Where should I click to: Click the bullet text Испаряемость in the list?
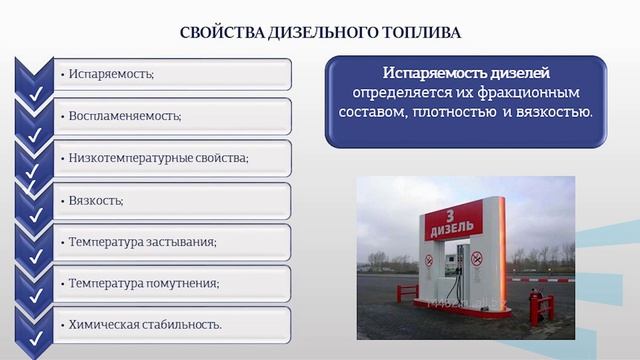click(113, 74)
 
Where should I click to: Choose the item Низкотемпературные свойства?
click(157, 158)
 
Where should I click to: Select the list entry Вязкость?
click(97, 200)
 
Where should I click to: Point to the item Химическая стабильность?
click(145, 324)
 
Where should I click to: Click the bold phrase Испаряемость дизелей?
click(466, 74)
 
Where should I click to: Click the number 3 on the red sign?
click(452, 211)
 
